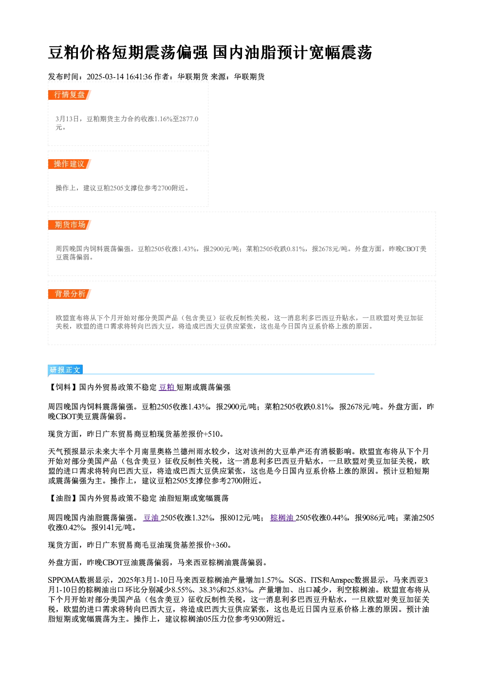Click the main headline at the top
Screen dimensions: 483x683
(210, 52)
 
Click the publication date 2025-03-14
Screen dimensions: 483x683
(105, 77)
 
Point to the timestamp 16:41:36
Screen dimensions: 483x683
(139, 77)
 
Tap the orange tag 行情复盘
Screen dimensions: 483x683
(69, 95)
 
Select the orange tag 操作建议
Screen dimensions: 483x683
(69, 164)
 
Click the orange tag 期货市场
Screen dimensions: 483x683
(69, 225)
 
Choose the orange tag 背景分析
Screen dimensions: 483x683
(69, 294)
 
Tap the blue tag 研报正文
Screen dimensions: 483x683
(65, 369)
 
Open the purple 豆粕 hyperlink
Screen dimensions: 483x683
(167, 387)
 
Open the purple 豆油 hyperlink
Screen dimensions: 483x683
(151, 518)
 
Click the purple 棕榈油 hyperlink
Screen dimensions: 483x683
(282, 518)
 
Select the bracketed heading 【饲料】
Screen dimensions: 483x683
(63, 387)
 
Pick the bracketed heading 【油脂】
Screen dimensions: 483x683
(63, 498)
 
